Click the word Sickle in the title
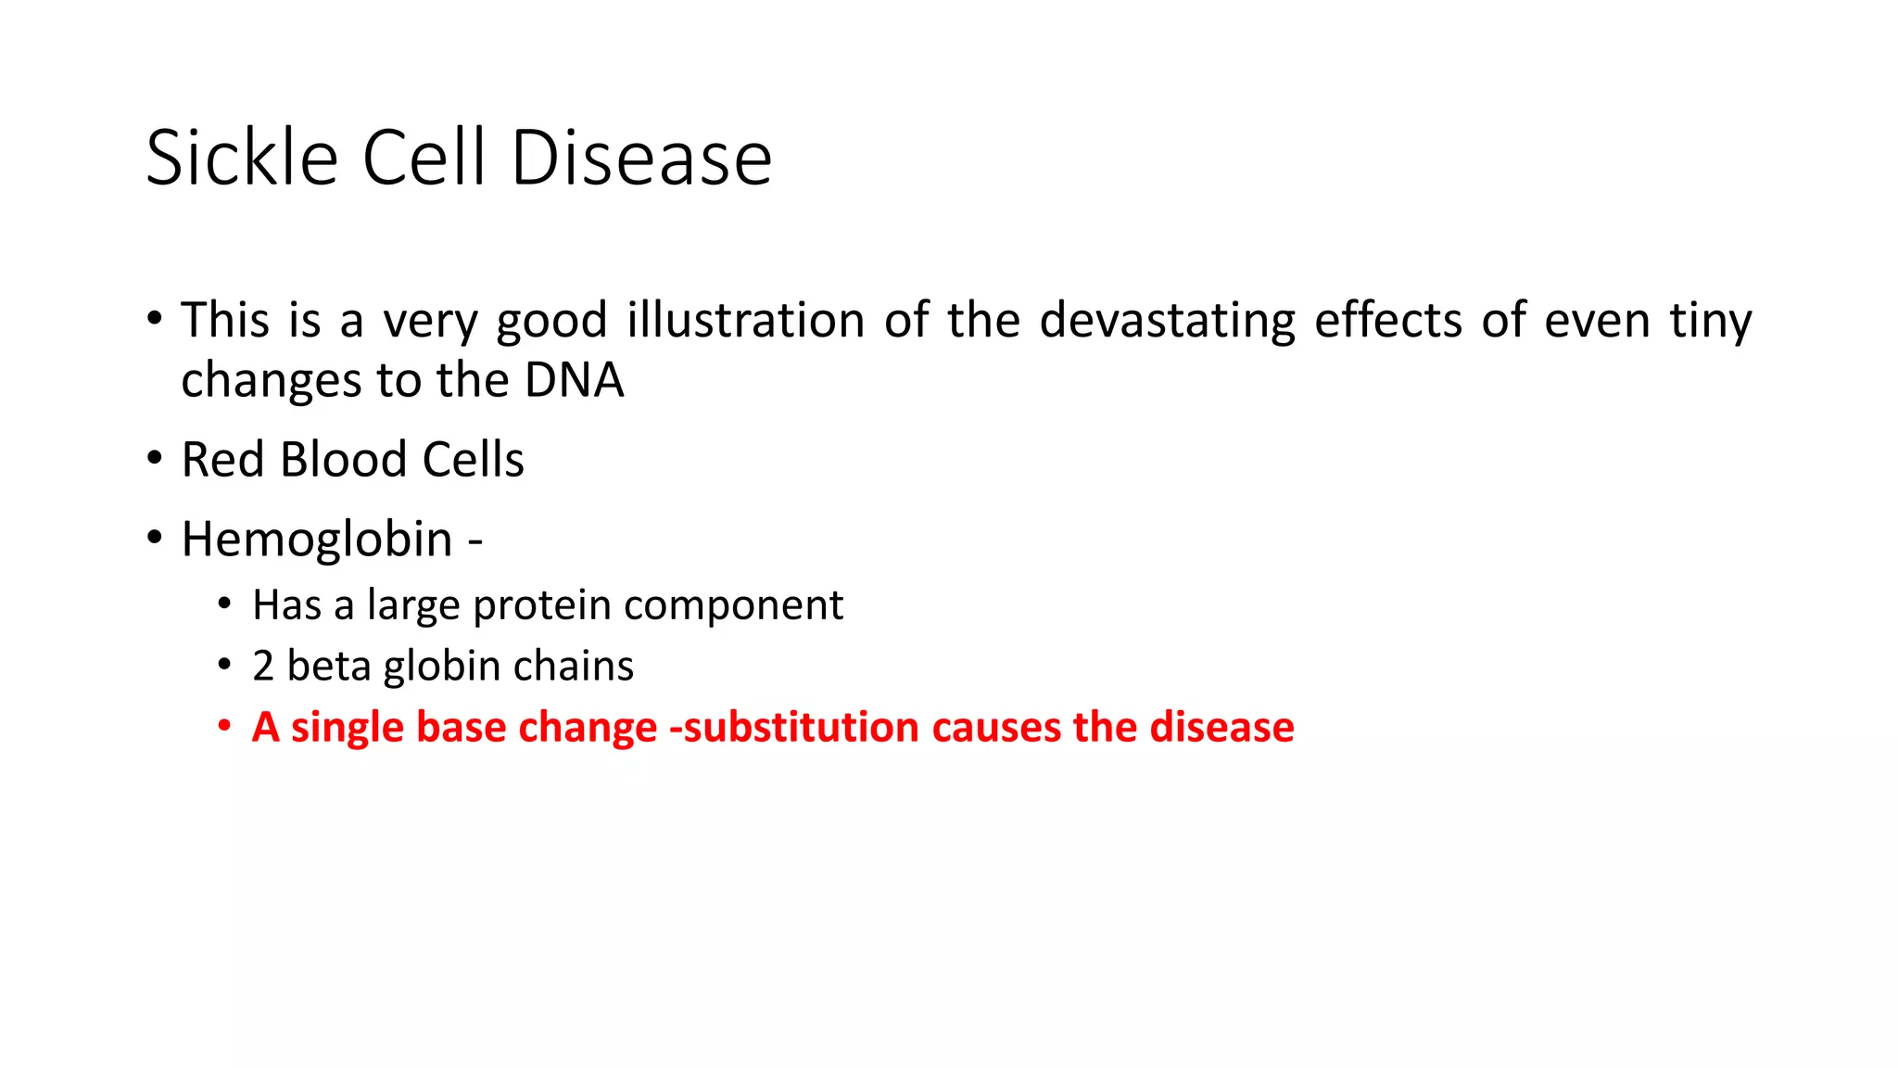[242, 158]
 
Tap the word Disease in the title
[641, 158]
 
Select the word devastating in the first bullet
[1167, 321]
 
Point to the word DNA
[574, 381]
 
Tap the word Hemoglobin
[316, 540]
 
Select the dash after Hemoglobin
[475, 540]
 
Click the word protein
[542, 605]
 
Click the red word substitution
[803, 728]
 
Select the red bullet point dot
[223, 726]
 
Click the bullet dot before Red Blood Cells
[154, 459]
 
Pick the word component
[733, 605]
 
